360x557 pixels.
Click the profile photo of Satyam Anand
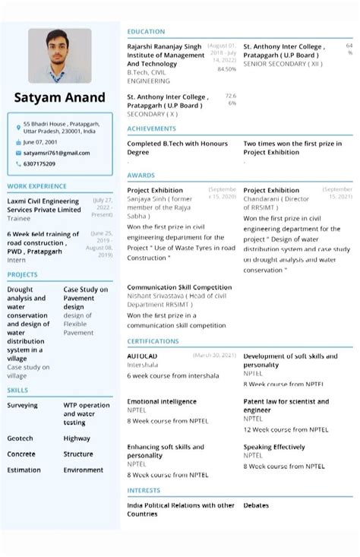click(x=60, y=56)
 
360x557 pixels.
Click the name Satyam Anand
click(x=60, y=98)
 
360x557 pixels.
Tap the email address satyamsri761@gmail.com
click(x=56, y=153)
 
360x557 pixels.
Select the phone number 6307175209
click(x=39, y=163)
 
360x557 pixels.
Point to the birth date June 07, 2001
click(x=40, y=142)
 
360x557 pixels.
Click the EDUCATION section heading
click(x=146, y=32)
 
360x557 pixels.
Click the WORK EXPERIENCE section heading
click(x=36, y=186)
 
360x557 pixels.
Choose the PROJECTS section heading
click(x=22, y=274)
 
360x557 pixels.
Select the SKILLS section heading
click(x=17, y=390)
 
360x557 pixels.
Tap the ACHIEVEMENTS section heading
click(x=152, y=129)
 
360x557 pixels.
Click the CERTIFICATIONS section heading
click(x=153, y=342)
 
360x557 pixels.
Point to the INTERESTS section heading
click(x=144, y=491)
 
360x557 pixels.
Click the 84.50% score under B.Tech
click(x=226, y=69)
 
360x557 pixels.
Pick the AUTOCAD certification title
click(x=142, y=356)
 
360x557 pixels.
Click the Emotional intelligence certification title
click(x=162, y=401)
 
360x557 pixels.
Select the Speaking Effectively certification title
click(x=274, y=447)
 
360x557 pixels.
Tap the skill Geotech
click(x=21, y=438)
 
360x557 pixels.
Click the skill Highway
click(x=77, y=438)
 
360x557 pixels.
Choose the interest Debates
click(x=256, y=505)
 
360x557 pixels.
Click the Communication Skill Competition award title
click(x=179, y=287)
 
